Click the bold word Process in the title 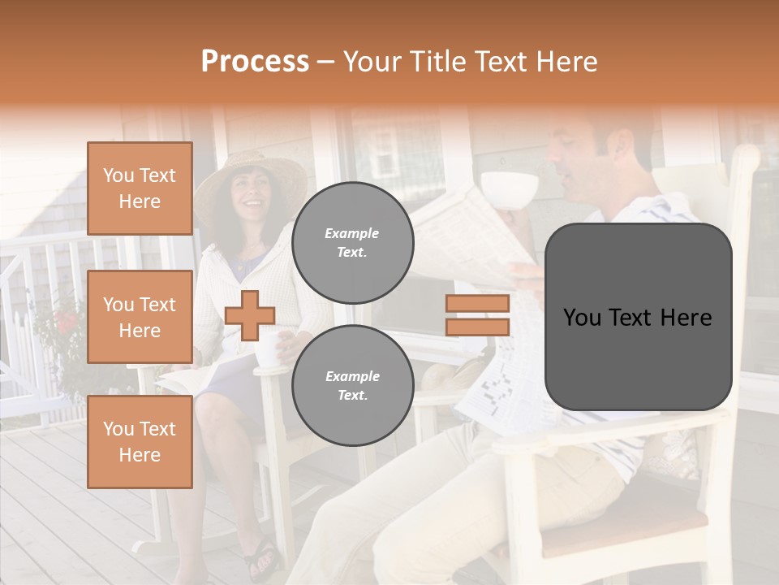pos(255,61)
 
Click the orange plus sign pos(250,315)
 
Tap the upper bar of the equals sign pos(477,304)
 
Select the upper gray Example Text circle pos(352,242)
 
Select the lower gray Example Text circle pos(352,385)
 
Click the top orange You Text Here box pos(140,188)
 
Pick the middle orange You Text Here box pos(140,317)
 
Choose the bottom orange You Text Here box pos(140,441)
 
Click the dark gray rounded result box pos(638,317)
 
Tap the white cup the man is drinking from pos(509,188)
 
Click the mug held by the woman pos(268,348)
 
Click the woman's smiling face pos(252,195)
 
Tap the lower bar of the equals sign pos(477,327)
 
